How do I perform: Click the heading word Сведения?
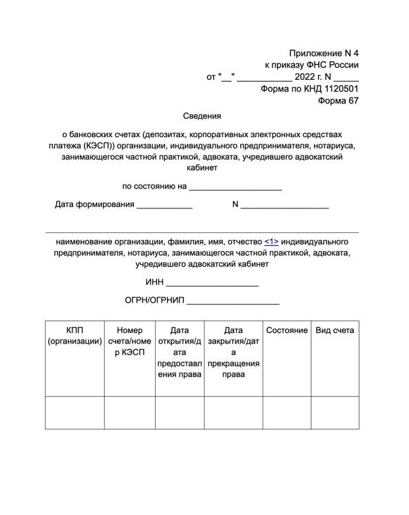tap(202, 116)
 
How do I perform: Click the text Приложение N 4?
tap(324, 53)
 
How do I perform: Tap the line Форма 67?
tap(338, 101)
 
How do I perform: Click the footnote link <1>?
tap(271, 241)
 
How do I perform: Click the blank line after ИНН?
tap(212, 284)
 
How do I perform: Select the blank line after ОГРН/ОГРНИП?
tap(233, 301)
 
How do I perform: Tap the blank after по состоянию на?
tap(236, 187)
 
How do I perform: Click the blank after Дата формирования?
tap(164, 205)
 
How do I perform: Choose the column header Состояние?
tap(287, 330)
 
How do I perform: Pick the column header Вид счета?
tap(334, 330)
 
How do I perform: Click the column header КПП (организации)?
tap(75, 336)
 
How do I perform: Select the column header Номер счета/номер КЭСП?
tap(129, 341)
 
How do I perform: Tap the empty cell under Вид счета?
tap(334, 413)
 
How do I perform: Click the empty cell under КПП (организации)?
tap(75, 413)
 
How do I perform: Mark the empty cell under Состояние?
tap(287, 413)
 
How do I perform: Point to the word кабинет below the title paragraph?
tap(202, 168)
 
